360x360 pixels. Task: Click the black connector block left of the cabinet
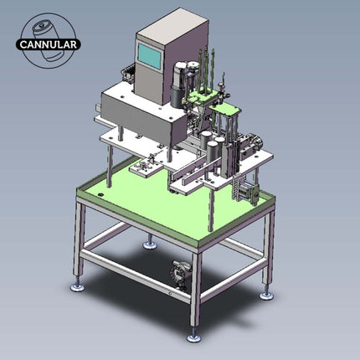tap(128, 75)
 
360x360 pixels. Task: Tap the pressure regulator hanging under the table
tap(177, 274)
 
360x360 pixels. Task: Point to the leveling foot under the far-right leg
tap(266, 294)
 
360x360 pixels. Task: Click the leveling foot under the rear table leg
tap(149, 244)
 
